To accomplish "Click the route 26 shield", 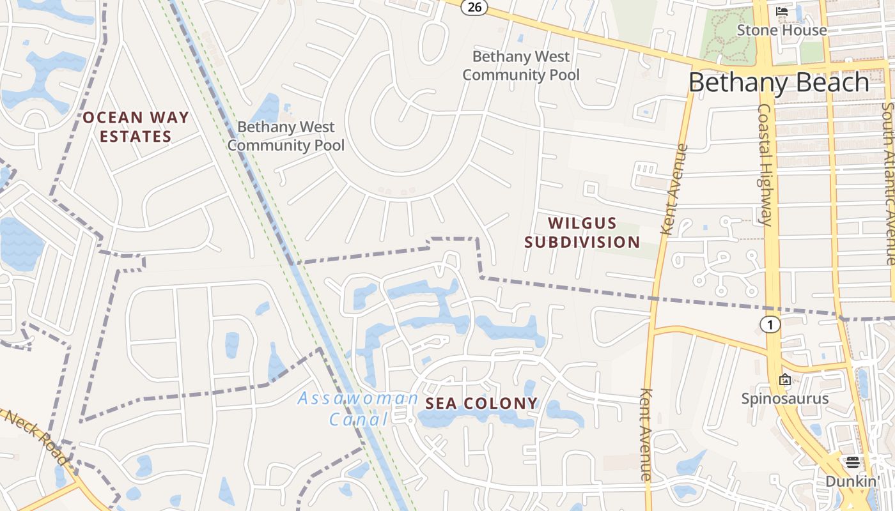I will click(x=474, y=7).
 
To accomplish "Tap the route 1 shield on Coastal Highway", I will click(x=770, y=324).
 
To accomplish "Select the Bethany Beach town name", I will click(x=779, y=83).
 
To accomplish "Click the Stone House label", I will click(x=781, y=30).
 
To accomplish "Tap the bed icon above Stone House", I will click(x=781, y=11).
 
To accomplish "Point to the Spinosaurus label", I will click(x=784, y=399).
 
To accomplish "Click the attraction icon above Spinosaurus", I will click(x=784, y=379).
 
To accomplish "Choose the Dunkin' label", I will click(x=852, y=481).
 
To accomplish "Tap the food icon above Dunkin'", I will click(x=852, y=462).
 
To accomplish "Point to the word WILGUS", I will click(x=582, y=224).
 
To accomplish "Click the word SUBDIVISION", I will click(x=582, y=242).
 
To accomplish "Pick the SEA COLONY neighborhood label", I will click(x=481, y=404).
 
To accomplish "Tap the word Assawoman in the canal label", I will click(x=358, y=399).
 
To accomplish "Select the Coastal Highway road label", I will click(x=766, y=165).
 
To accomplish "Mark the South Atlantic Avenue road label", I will click(x=888, y=185).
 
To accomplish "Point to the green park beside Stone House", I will click(x=726, y=35).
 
